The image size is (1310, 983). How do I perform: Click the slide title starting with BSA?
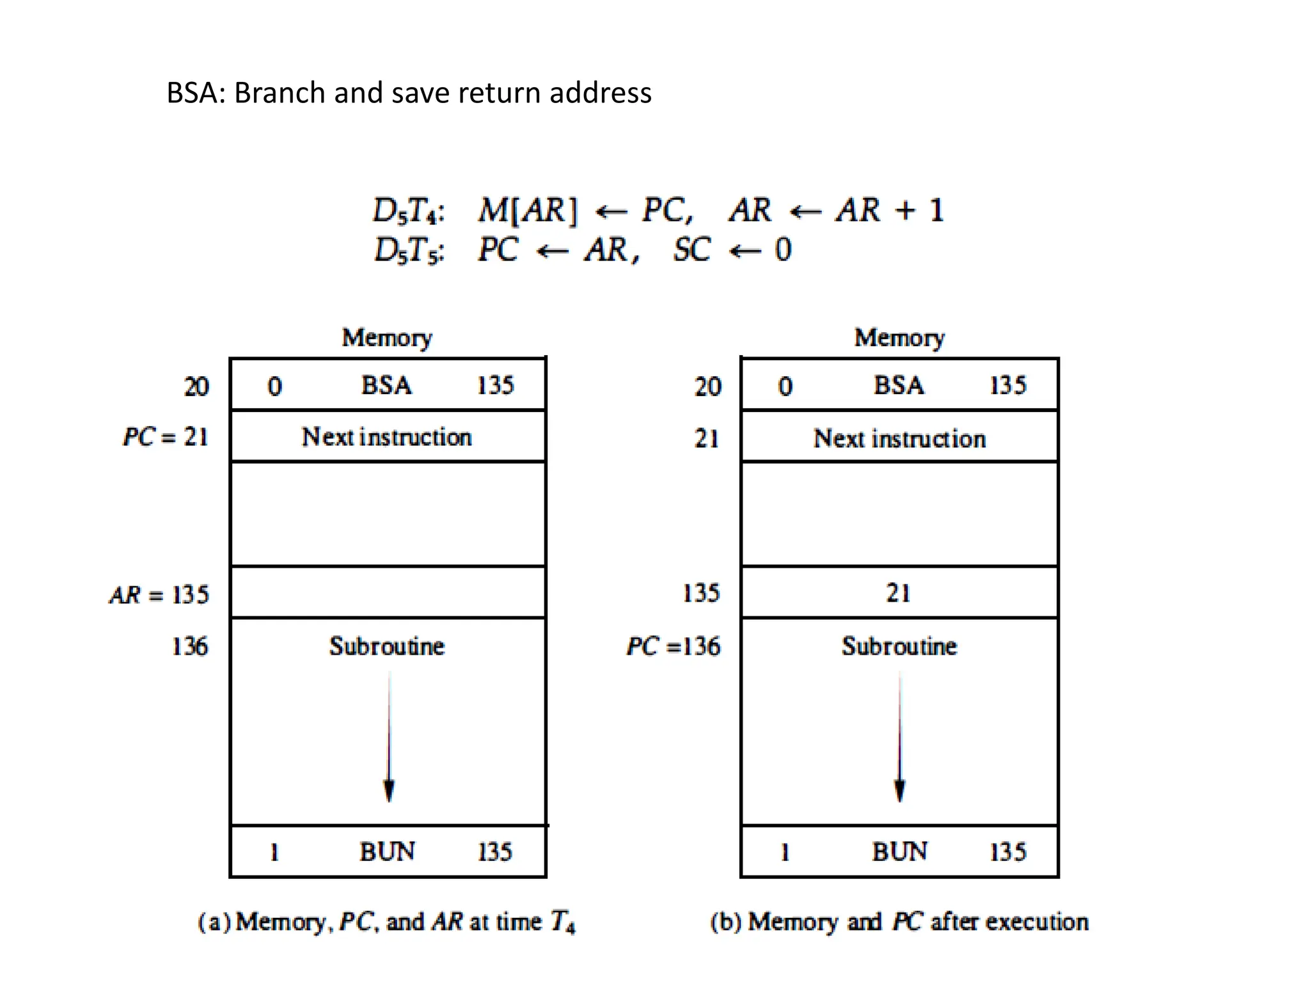409,93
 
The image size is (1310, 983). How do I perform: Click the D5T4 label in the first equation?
408,211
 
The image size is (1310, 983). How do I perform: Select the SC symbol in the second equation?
691,250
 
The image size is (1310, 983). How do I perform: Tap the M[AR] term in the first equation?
528,211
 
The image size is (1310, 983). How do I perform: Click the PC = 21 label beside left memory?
166,437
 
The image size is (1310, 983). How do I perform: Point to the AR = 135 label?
159,595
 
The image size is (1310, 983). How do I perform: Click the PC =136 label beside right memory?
674,646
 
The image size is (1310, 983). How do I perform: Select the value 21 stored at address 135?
898,593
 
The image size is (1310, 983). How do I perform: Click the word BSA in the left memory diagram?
386,385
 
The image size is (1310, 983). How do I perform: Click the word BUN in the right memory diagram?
899,852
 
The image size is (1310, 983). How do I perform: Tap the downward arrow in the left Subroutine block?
389,736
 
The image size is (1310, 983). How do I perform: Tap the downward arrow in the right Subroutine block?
899,736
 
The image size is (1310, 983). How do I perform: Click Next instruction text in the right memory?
899,438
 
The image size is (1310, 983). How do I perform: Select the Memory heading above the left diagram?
386,337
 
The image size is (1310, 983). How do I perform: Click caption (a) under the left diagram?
386,922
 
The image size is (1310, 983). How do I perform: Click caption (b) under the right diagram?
899,922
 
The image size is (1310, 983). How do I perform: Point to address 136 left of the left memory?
189,646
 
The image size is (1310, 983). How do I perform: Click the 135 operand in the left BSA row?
495,385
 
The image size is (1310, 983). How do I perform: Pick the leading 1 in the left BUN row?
274,852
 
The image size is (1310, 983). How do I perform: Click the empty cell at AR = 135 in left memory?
388,593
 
